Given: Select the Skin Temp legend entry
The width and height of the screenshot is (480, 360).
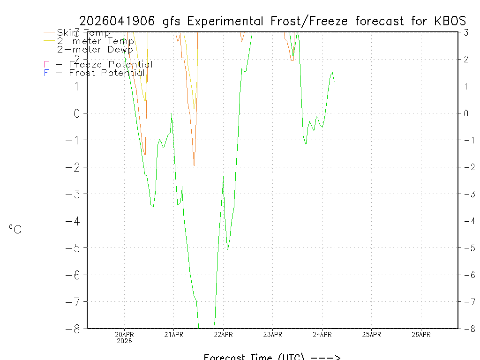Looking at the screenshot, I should point(83,33).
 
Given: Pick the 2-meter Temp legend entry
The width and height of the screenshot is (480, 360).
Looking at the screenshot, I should point(95,41).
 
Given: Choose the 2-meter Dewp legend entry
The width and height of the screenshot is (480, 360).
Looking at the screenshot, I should point(95,49).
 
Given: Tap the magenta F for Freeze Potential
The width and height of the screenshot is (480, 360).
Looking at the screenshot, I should point(46,65).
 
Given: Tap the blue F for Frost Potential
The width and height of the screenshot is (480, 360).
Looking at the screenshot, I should point(46,73).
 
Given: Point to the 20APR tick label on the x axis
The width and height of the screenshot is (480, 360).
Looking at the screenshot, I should point(125,334).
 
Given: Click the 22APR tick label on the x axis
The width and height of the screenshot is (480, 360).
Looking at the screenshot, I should point(223,334).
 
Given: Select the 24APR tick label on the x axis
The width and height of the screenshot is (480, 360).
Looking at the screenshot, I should point(322,334).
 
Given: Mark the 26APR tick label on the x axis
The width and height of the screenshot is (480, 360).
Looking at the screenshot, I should point(421,334).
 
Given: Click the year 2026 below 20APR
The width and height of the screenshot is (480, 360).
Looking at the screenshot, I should point(125,341).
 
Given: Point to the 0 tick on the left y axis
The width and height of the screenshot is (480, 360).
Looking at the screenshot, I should point(77,113).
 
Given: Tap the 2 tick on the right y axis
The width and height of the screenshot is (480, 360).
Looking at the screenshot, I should point(466,59).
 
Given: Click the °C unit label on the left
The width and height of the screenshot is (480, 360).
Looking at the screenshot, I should point(15,229).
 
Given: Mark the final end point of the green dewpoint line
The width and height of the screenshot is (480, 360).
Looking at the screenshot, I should point(334,82).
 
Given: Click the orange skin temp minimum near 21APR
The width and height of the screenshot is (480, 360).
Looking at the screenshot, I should point(194,165).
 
